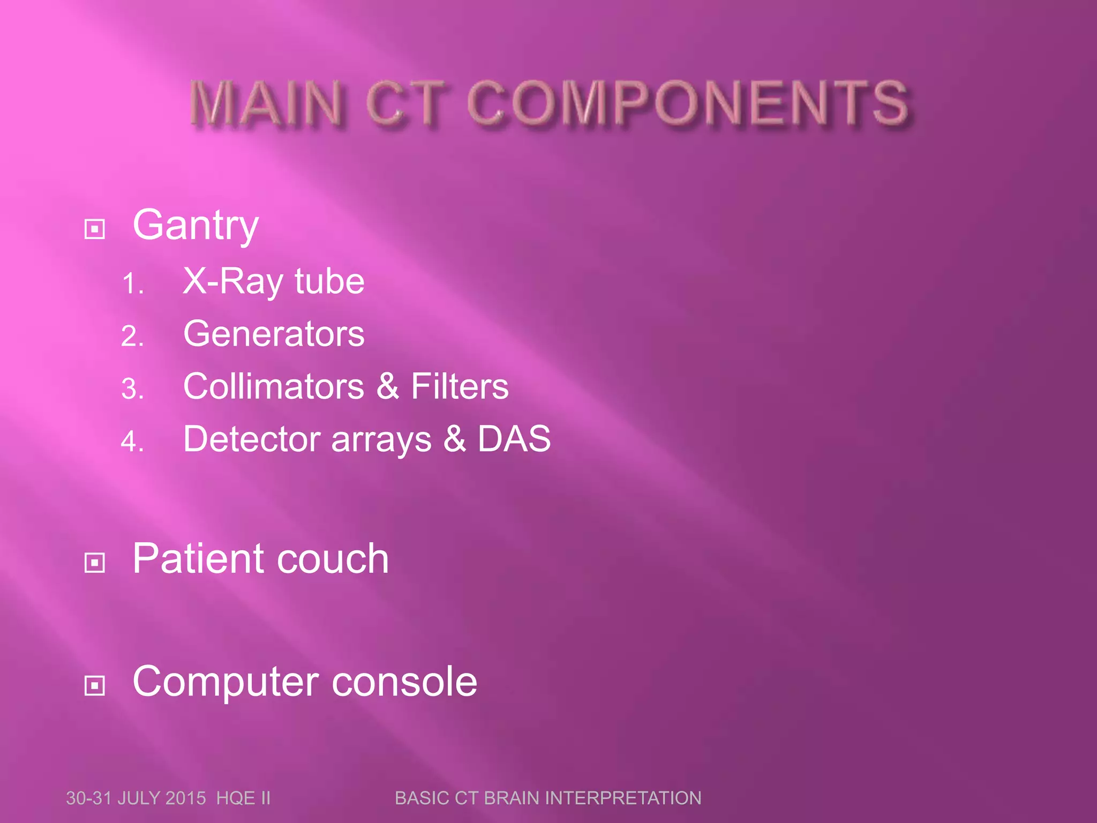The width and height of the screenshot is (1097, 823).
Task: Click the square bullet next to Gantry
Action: pos(95,229)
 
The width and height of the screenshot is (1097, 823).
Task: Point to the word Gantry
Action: pos(196,226)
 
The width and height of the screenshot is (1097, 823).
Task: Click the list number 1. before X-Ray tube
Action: pos(132,284)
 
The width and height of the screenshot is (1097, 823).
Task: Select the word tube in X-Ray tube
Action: pos(329,281)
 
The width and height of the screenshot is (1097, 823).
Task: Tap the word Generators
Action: pos(274,333)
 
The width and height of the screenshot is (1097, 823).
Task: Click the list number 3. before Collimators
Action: pos(132,389)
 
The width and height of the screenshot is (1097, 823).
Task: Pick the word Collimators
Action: pos(274,386)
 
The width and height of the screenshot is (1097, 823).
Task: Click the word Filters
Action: pos(460,386)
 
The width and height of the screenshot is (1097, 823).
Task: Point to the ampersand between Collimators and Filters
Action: pos(388,386)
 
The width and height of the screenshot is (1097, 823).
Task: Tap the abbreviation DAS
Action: pos(514,438)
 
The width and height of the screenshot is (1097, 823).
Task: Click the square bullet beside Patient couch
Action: pos(95,563)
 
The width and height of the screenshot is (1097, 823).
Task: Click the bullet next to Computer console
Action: pos(95,685)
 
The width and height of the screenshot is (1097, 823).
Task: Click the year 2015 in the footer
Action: pos(185,798)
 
